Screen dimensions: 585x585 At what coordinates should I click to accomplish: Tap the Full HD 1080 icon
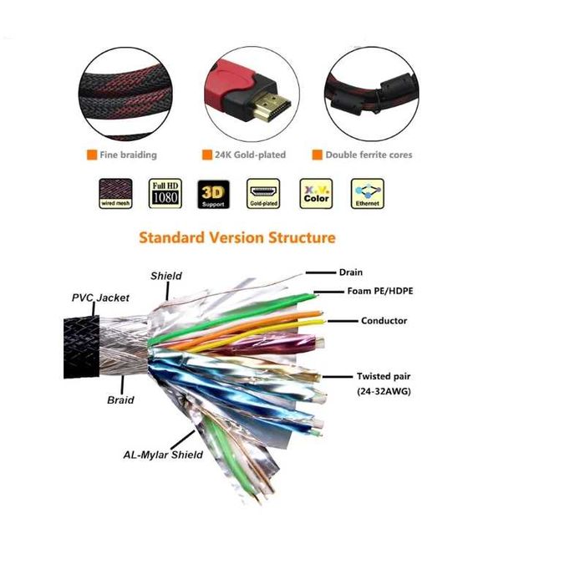point(164,192)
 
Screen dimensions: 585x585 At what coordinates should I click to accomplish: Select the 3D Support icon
point(212,192)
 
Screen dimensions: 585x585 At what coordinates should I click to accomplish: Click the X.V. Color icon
point(316,192)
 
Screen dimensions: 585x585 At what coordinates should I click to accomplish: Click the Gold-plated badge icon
point(263,192)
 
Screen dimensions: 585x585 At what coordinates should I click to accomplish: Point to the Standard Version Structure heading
point(237,237)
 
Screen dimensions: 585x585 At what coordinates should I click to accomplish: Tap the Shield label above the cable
point(166,276)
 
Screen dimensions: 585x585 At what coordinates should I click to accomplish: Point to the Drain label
point(350,272)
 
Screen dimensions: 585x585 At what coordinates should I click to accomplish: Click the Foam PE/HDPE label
point(381,291)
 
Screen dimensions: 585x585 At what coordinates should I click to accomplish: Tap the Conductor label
point(384,321)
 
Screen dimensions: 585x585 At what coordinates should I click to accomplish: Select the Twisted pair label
point(385,377)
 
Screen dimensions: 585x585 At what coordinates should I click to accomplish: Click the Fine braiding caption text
point(127,155)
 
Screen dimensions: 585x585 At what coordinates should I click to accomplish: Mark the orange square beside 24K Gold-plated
point(206,155)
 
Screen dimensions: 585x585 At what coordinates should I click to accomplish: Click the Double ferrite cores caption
point(369,155)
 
